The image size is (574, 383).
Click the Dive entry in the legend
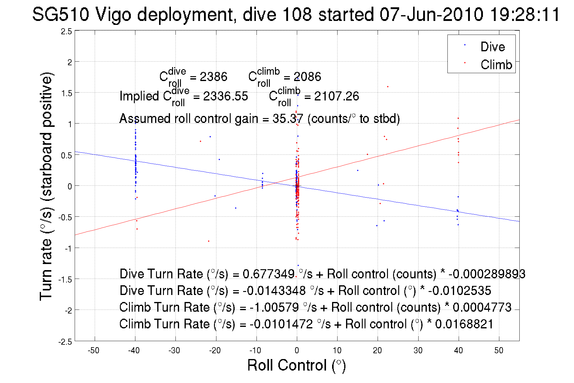(x=492, y=47)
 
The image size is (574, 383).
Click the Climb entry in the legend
(x=496, y=65)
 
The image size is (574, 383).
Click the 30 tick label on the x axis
(x=418, y=351)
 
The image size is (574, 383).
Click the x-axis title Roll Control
(x=296, y=365)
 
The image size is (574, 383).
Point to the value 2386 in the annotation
(x=213, y=77)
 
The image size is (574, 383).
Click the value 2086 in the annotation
(x=307, y=77)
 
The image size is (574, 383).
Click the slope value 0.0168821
(x=464, y=324)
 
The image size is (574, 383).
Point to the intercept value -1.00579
(x=274, y=307)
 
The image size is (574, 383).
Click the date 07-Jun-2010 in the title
(x=431, y=14)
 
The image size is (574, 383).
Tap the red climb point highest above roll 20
(x=388, y=87)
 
